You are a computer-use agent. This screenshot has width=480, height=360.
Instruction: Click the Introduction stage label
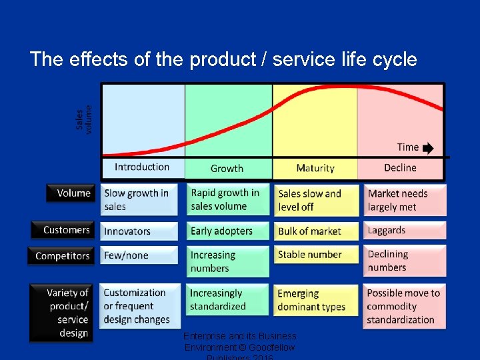pyautogui.click(x=142, y=167)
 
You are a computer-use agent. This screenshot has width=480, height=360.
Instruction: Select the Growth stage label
pyautogui.click(x=227, y=169)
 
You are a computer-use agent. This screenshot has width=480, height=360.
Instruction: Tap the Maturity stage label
pyautogui.click(x=315, y=168)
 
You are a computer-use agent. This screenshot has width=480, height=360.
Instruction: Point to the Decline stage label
pyautogui.click(x=400, y=168)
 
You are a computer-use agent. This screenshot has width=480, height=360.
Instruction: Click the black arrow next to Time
pyautogui.click(x=427, y=148)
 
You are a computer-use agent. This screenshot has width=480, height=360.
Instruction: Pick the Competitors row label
pyautogui.click(x=61, y=256)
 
